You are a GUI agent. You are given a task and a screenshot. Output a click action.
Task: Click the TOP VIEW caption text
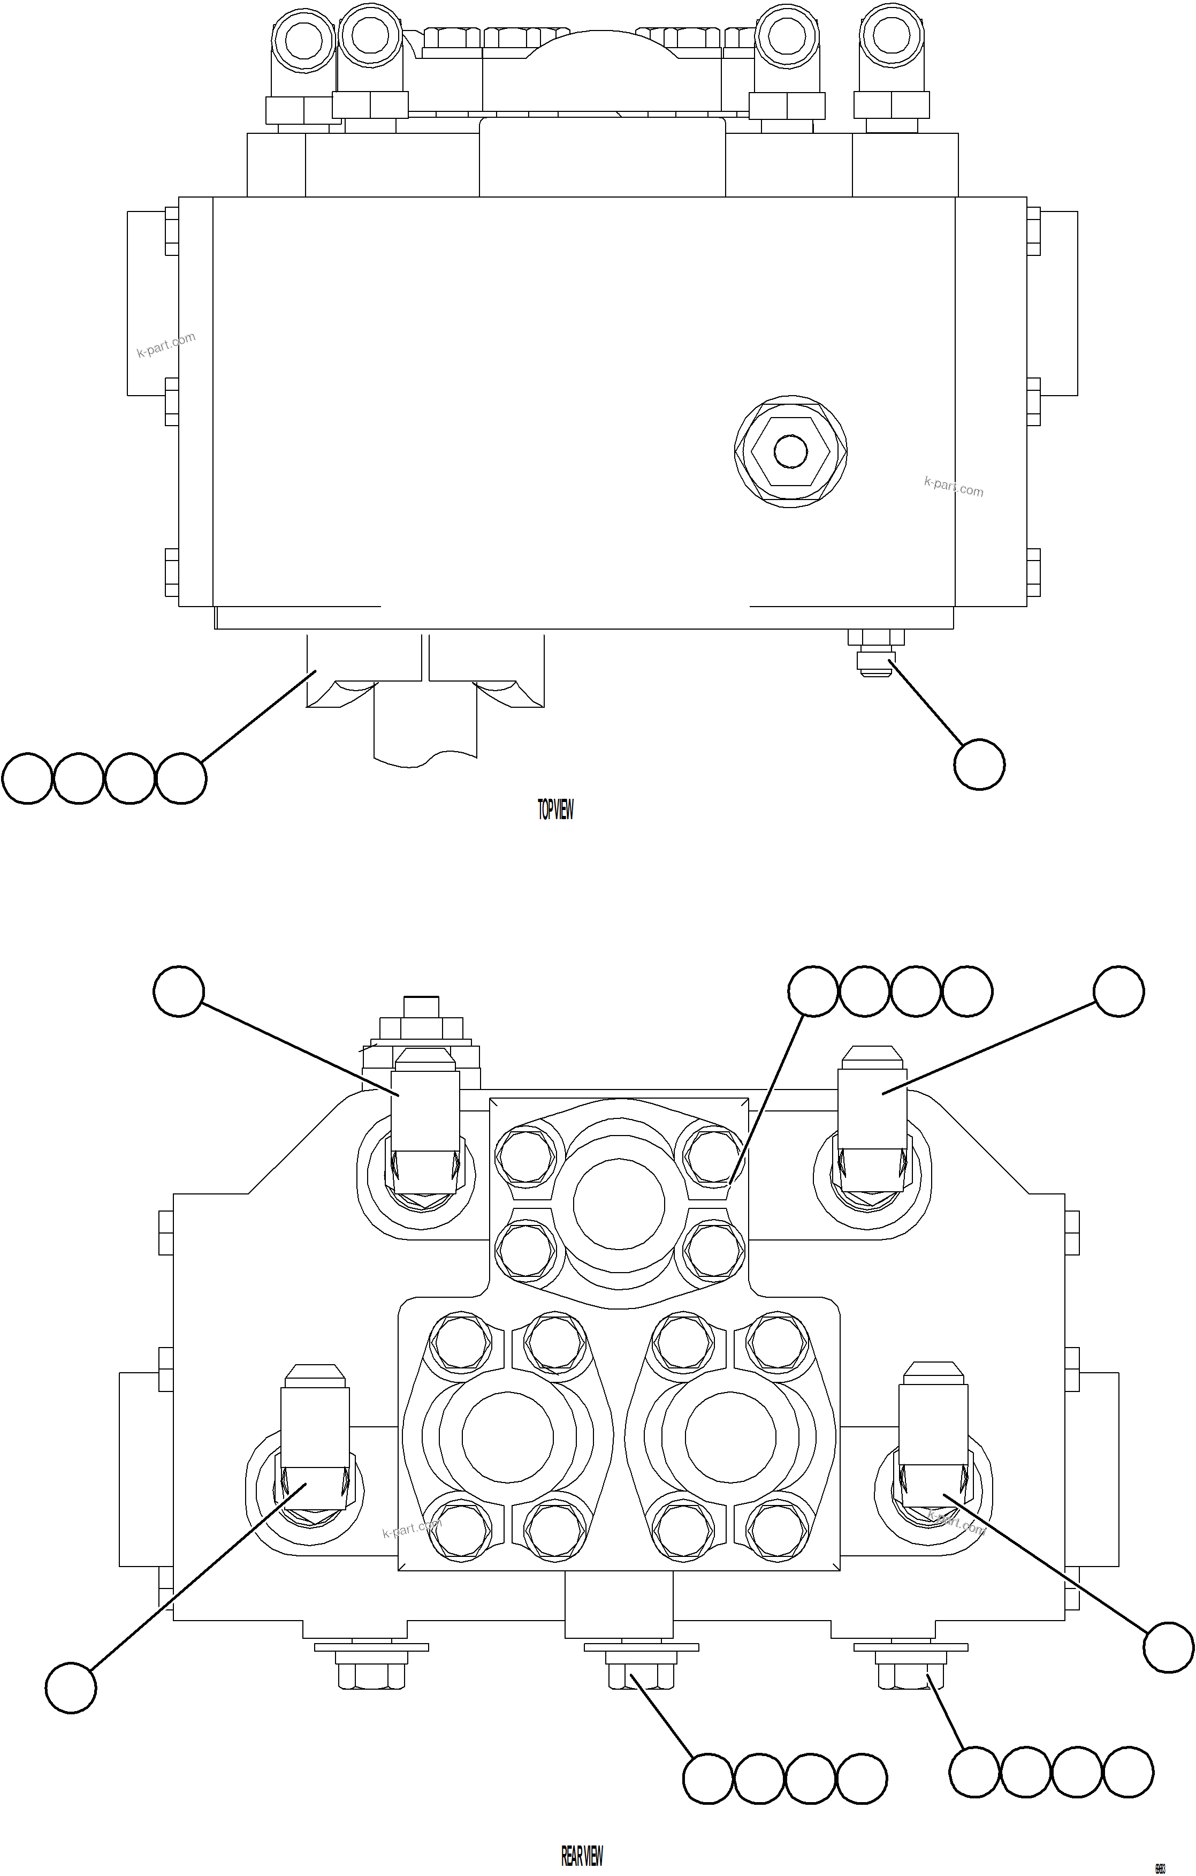[x=555, y=810]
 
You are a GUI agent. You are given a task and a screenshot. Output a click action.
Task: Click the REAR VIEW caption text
[x=582, y=1855]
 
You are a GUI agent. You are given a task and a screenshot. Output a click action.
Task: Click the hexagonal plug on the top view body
[x=790, y=452]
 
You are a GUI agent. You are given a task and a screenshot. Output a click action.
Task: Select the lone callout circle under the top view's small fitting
[x=979, y=765]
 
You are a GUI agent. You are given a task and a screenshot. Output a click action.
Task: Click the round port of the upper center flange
[x=619, y=1204]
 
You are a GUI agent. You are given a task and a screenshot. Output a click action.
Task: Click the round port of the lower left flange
[x=508, y=1438]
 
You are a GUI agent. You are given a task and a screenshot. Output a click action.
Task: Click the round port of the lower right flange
[x=730, y=1438]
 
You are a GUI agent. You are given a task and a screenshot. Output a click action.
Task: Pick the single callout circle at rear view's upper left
[x=179, y=991]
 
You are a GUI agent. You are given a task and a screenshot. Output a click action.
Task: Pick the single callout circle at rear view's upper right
[x=1119, y=991]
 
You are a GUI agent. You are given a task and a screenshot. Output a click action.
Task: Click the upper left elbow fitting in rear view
[x=424, y=1122]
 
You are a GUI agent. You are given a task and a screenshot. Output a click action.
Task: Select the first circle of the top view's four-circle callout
[x=27, y=777]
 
